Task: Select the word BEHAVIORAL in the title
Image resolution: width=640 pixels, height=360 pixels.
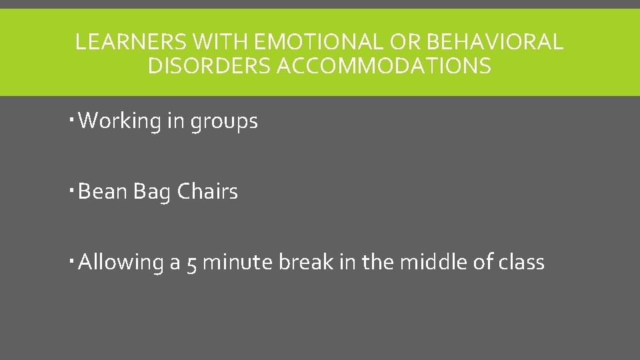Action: click(x=494, y=42)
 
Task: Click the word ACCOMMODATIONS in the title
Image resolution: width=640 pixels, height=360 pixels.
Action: click(x=385, y=66)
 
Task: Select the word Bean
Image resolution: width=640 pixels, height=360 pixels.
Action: click(x=103, y=192)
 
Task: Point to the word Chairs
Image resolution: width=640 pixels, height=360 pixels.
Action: click(x=207, y=192)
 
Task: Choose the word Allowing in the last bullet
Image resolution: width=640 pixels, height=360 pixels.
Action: click(x=121, y=263)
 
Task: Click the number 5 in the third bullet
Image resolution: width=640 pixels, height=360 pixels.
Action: click(x=191, y=263)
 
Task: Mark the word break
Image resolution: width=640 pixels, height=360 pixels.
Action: click(x=305, y=263)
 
